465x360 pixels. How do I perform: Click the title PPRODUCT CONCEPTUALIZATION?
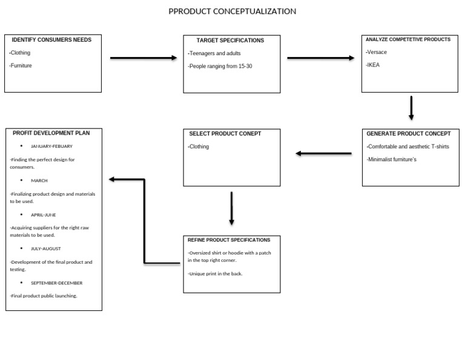point(232,12)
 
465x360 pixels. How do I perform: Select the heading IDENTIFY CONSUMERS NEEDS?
point(51,40)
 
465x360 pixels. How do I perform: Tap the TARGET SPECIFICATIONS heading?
point(230,41)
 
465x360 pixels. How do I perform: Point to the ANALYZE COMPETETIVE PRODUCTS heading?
point(408,39)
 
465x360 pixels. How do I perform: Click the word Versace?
point(377,52)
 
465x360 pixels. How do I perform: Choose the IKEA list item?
point(373,64)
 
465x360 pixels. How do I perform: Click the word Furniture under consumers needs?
point(21,65)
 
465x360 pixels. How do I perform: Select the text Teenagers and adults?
point(214,53)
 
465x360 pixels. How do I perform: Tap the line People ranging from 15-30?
point(220,66)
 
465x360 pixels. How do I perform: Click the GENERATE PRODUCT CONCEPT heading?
point(409,133)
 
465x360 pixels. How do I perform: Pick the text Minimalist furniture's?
point(391,159)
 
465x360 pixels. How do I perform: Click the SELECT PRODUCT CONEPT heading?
point(225,133)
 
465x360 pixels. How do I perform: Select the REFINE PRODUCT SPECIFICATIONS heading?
point(229,240)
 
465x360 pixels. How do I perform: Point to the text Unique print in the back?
point(216,274)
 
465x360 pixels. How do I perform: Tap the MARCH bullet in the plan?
point(39,181)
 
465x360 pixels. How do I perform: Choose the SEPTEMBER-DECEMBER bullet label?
point(56,283)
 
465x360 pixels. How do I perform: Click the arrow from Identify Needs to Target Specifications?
point(143,58)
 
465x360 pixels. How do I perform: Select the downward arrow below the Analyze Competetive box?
point(411,108)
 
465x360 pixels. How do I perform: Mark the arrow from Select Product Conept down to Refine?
point(231,208)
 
